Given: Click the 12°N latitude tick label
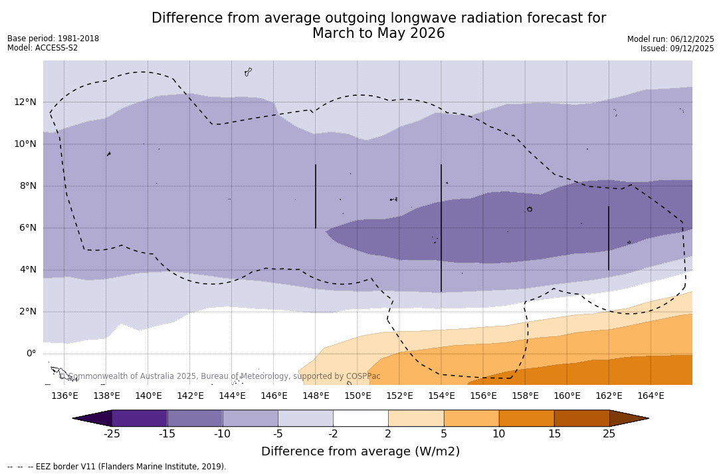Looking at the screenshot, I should coord(23,102).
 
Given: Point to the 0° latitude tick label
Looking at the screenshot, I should coord(31,353).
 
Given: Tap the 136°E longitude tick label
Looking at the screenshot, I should coord(64,396).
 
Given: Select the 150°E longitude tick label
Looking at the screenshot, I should coord(358,396).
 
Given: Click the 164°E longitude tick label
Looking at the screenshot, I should coord(651,396).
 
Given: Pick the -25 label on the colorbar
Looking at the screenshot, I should coord(112,434).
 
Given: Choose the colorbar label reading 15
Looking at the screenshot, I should coord(554,434).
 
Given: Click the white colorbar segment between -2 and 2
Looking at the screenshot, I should coord(361,418).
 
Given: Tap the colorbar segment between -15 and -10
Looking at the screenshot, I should coord(195,418).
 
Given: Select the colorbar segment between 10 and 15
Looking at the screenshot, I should coord(526,418).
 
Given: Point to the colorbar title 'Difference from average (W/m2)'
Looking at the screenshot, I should coord(360,451).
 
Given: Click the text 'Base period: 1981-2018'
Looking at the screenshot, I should coord(53,39).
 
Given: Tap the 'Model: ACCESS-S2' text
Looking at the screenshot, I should coord(43,48).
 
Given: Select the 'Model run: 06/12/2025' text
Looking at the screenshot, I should coord(670,39).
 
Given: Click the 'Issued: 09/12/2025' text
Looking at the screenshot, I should coord(677,49).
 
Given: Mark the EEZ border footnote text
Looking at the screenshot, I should coord(117,467).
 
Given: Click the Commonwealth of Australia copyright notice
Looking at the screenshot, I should coord(220,376).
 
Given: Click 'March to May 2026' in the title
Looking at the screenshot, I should coord(378,33).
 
